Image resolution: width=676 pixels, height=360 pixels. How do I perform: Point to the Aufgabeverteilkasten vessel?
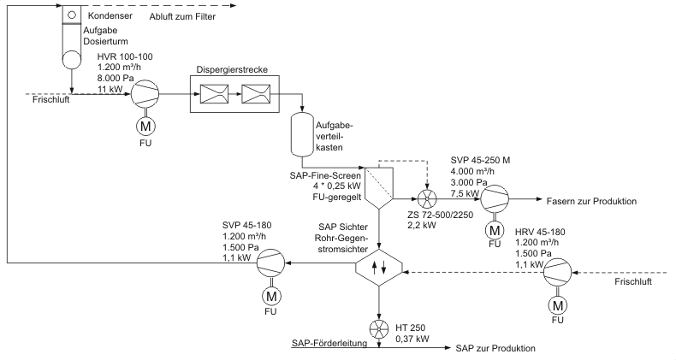(300, 133)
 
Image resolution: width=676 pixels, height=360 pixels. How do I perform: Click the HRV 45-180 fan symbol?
(560, 274)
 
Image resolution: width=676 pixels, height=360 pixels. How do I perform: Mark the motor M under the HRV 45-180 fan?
(560, 304)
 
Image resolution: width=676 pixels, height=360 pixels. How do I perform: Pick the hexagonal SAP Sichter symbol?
(377, 267)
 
